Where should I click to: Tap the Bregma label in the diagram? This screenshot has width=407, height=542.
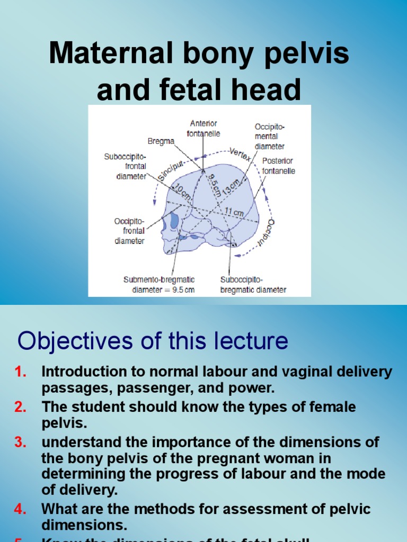click(x=161, y=141)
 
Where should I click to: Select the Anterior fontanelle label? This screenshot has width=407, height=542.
click(x=203, y=129)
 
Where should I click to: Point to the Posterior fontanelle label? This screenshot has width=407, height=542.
click(x=278, y=166)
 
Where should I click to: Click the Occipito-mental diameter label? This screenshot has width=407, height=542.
click(x=269, y=137)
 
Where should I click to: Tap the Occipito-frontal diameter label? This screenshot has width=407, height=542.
click(x=129, y=231)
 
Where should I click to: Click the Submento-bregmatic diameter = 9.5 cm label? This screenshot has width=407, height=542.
click(x=159, y=284)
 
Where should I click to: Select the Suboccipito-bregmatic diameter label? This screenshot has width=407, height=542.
click(x=253, y=284)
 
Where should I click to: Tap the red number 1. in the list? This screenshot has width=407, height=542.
click(x=21, y=372)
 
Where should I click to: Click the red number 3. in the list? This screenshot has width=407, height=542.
click(x=21, y=442)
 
